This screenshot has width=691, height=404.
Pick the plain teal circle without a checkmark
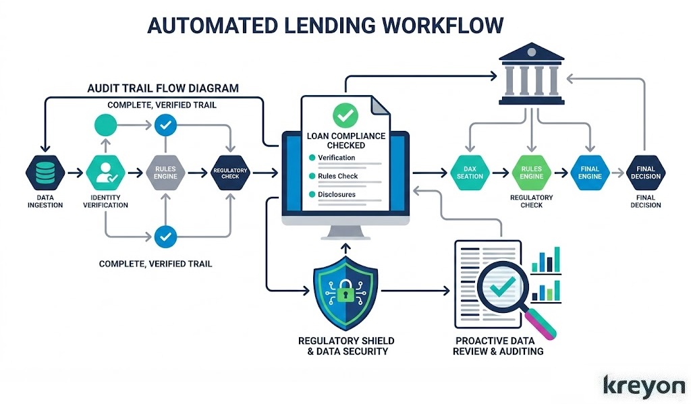(x=105, y=125)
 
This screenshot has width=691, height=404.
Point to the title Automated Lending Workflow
(x=325, y=25)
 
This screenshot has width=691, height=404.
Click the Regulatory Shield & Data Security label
(x=346, y=345)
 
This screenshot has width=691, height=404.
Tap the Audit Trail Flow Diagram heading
(x=163, y=88)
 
